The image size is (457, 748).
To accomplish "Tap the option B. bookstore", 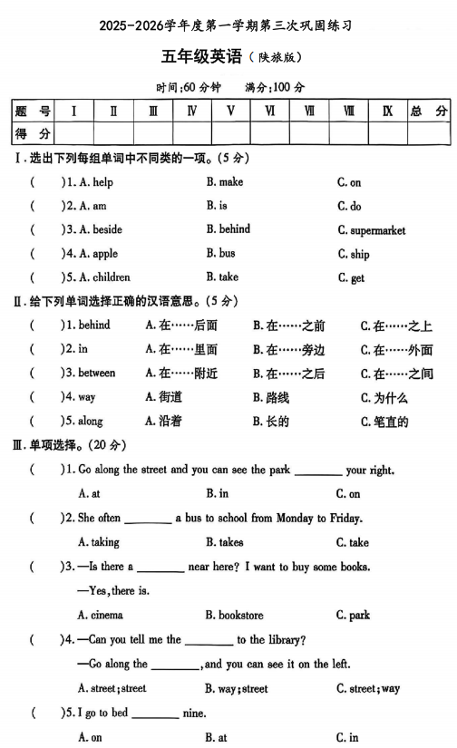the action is tap(234, 615).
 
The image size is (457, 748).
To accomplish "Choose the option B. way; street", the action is tap(236, 688).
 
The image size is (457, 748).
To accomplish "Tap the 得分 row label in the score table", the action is tap(33, 134).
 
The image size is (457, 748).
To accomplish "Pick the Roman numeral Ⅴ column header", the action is tap(230, 112).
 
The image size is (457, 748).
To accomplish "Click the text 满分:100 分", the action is tap(275, 87).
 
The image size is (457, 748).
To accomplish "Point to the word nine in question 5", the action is tap(194, 714).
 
